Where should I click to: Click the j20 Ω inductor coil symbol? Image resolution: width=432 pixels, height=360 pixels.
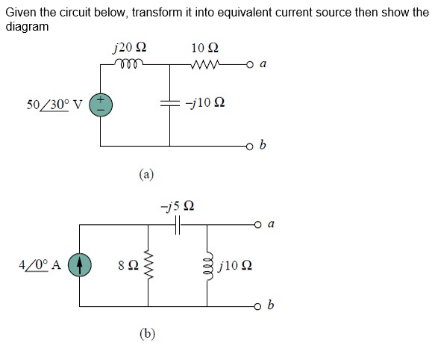point(128,63)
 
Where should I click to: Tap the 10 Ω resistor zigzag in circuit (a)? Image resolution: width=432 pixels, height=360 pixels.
point(205,64)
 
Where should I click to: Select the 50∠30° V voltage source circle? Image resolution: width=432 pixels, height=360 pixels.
point(101,105)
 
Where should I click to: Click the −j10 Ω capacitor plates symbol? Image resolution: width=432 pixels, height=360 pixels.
point(169,103)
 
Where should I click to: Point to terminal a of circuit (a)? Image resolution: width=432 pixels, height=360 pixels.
point(249,65)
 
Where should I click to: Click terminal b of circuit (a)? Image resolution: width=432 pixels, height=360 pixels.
point(249,146)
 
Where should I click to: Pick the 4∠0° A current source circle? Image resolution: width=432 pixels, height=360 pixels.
point(80,265)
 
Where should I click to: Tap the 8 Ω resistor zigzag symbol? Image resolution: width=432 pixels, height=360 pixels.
point(148,265)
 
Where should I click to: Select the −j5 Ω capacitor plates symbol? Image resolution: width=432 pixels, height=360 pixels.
point(178,225)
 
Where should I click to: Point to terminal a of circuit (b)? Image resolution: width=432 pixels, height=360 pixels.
point(257,224)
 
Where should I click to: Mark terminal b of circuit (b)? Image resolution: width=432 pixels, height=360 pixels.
point(257,306)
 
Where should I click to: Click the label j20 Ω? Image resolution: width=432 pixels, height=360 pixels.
point(130,48)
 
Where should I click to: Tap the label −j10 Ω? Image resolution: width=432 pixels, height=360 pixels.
point(205,102)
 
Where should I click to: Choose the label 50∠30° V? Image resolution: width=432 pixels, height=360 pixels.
point(54,105)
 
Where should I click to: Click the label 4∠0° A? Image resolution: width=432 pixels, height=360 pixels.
point(40,265)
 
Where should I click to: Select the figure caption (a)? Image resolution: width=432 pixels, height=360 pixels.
point(146,174)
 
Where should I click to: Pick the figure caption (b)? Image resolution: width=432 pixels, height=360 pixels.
point(147,334)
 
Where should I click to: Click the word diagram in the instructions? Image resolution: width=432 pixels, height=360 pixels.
point(27,27)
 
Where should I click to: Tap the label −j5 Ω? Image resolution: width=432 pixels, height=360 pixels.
point(178,206)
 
